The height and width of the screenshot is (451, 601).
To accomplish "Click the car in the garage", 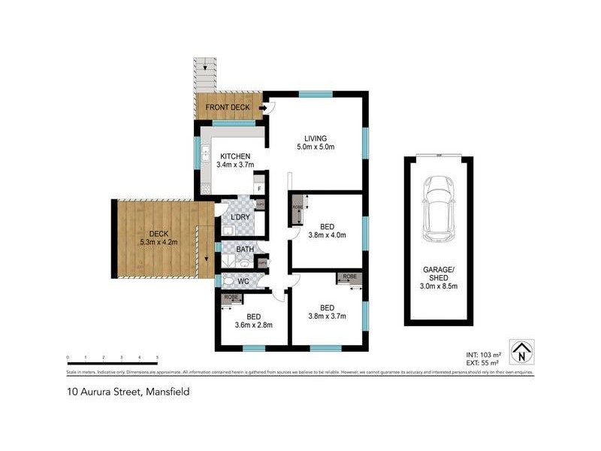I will (x=439, y=210).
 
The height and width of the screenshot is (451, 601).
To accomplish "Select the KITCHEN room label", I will (x=235, y=156).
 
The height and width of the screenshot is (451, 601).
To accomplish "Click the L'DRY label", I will (x=240, y=217).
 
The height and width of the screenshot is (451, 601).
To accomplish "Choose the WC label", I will (x=243, y=281).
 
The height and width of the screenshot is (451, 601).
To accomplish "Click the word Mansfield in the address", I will (x=167, y=392).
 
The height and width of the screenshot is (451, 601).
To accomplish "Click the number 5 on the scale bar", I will (x=157, y=358).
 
